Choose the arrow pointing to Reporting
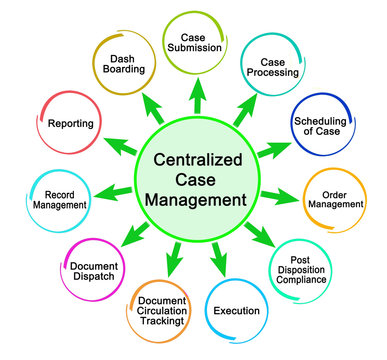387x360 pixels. [118, 143]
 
